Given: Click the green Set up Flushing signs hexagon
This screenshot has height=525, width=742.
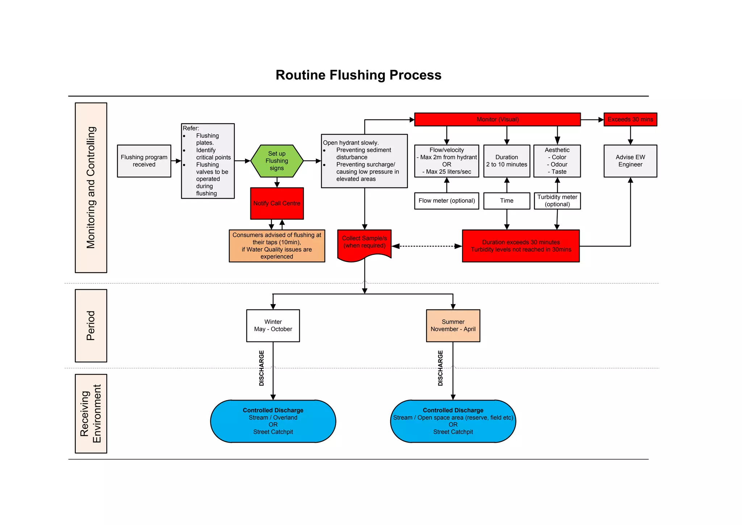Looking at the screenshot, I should tap(277, 161).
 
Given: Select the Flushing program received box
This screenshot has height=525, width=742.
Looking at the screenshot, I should tap(144, 161).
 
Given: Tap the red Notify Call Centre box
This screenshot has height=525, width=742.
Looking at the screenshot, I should tap(277, 203).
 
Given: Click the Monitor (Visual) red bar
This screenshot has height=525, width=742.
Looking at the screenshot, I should tap(497, 119).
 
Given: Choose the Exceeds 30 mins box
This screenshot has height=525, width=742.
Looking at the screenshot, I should tap(630, 119).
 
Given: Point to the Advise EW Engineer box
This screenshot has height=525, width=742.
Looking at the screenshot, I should tap(630, 161).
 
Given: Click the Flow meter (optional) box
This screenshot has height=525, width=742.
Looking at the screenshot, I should tap(446, 201).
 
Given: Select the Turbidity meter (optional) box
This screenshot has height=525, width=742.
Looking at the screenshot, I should tap(557, 201).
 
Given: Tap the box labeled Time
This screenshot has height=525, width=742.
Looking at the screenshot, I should tap(507, 201).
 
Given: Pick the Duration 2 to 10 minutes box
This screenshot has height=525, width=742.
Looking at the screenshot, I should tap(507, 161).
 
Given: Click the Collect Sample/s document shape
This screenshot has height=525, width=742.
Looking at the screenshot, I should tap(364, 243).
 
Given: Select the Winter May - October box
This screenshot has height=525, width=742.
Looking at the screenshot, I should tap(273, 326).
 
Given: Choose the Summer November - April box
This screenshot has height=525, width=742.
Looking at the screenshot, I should tap(453, 326).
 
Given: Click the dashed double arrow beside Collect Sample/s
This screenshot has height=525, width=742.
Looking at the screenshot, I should tap(427, 246).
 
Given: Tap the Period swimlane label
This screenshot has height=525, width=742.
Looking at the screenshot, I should tap(91, 326).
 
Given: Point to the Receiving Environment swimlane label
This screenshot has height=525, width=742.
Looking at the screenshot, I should tap(91, 414).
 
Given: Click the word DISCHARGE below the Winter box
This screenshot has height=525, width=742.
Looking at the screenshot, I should tap(262, 368).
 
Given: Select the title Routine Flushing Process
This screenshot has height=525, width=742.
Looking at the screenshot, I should tap(358, 75).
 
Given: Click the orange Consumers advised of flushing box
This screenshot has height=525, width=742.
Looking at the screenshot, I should tap(277, 246).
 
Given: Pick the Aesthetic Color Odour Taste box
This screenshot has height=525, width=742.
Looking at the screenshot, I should tap(557, 161).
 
